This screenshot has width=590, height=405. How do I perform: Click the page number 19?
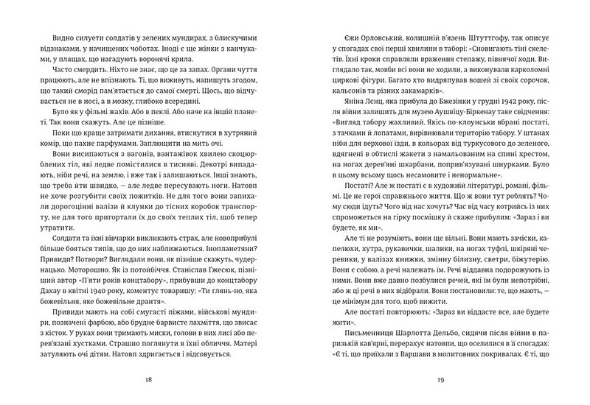(x=439, y=379)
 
